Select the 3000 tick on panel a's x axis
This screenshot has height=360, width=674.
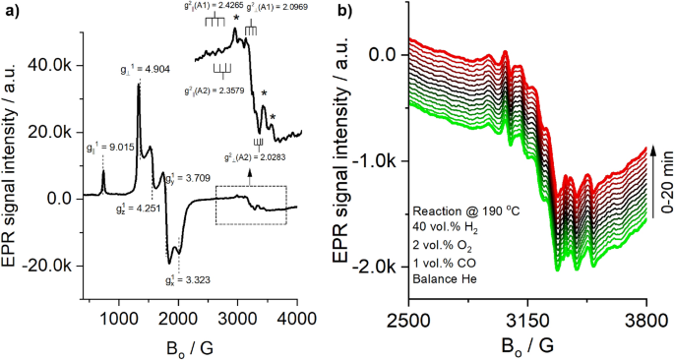238,319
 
